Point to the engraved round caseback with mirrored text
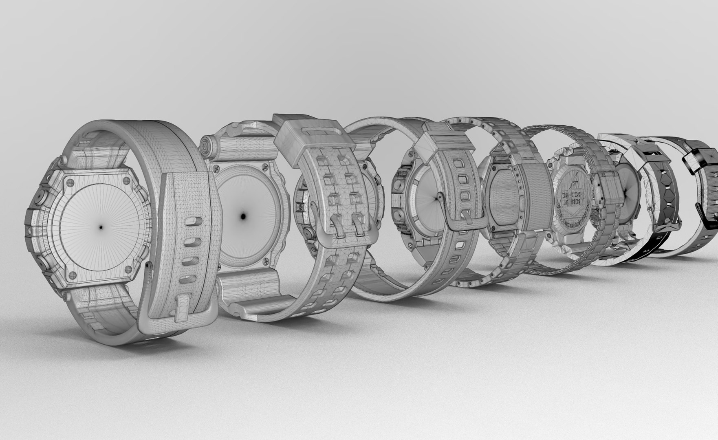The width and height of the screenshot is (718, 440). [x=574, y=208]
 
